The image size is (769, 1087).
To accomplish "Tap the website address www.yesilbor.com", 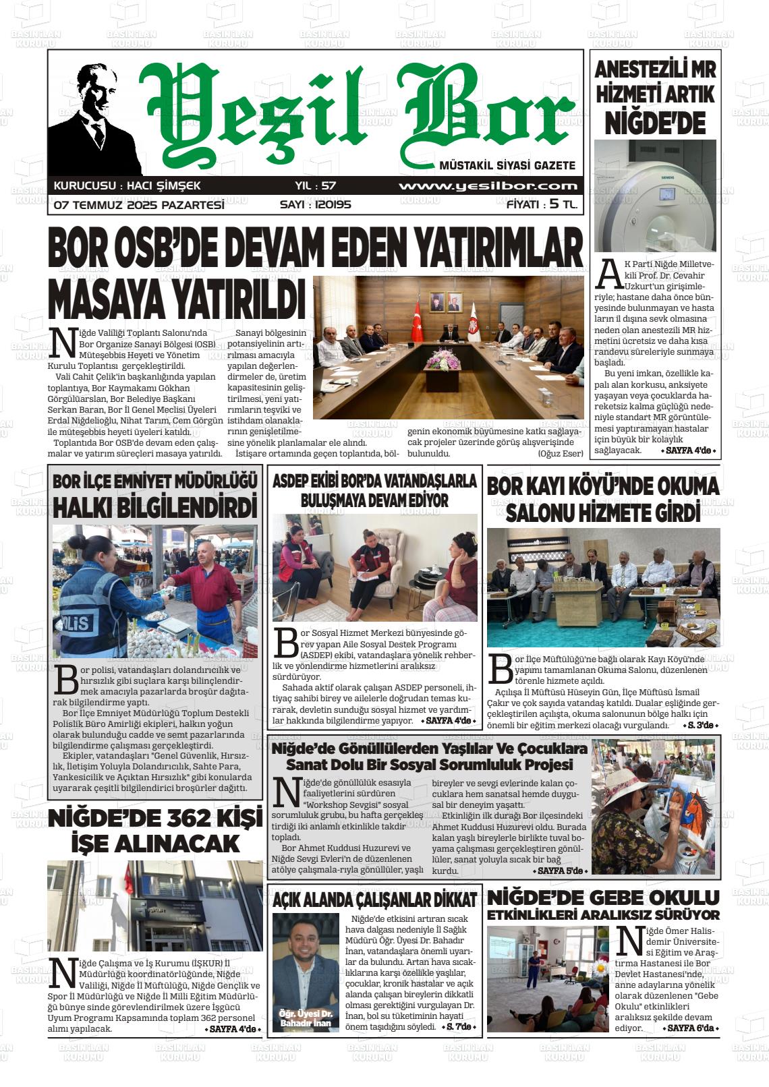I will pos(488,187).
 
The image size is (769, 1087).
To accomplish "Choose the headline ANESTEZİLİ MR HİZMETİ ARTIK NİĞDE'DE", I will pos(655,96).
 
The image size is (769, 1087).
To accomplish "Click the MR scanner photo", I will pos(655,196).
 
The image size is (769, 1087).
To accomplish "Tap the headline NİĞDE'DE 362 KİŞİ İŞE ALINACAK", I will pos(155,831).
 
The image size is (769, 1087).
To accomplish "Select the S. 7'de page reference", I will pos(461,1027).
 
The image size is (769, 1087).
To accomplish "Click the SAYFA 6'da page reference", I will pos(691,1028).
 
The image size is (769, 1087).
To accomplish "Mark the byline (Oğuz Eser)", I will pos(560,453).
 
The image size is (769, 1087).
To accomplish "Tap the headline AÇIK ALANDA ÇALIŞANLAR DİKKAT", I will pos(374,899).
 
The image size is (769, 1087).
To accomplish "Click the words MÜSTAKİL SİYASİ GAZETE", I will pos(507,165).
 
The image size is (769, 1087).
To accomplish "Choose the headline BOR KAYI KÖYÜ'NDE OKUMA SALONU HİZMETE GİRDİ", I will pos(603,498).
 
